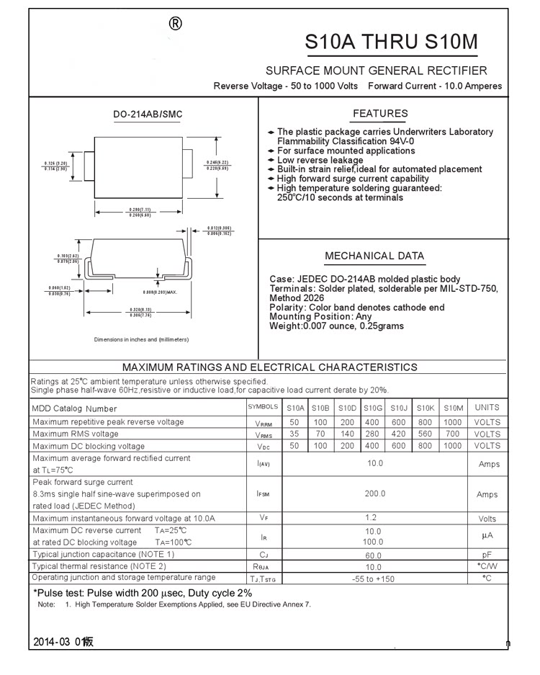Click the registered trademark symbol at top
[175, 24]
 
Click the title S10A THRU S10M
[391, 43]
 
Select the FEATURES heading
[380, 114]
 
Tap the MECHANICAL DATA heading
[374, 256]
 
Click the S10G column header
[372, 408]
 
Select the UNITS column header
[487, 408]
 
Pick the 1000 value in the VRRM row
[453, 422]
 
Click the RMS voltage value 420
[399, 434]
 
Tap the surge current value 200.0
[374, 494]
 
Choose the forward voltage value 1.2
[371, 518]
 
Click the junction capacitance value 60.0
[373, 555]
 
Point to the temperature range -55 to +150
[373, 579]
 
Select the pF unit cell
[487, 555]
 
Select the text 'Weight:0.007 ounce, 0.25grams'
[336, 326]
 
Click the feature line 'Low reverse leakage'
[320, 160]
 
